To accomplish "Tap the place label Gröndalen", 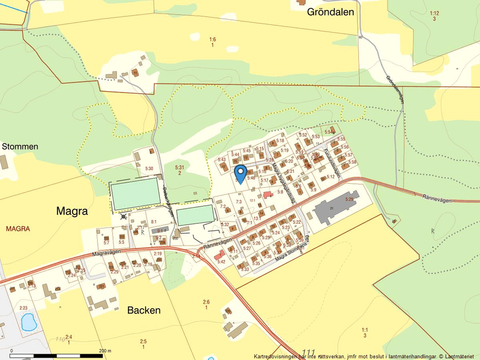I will [x=330, y=12].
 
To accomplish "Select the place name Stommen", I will [x=20, y=147].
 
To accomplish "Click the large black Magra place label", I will [x=73, y=211].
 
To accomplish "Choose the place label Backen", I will [x=144, y=310].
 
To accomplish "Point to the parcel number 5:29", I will [x=349, y=199].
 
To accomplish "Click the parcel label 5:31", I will [x=179, y=167].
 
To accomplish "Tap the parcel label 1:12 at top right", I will [x=434, y=13].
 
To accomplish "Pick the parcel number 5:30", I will [x=149, y=169].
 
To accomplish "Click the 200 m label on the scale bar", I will [x=105, y=351].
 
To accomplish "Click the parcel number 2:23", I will [x=23, y=308].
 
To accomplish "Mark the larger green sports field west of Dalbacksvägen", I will [x=136, y=194].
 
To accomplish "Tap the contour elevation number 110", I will [x=60, y=338].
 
